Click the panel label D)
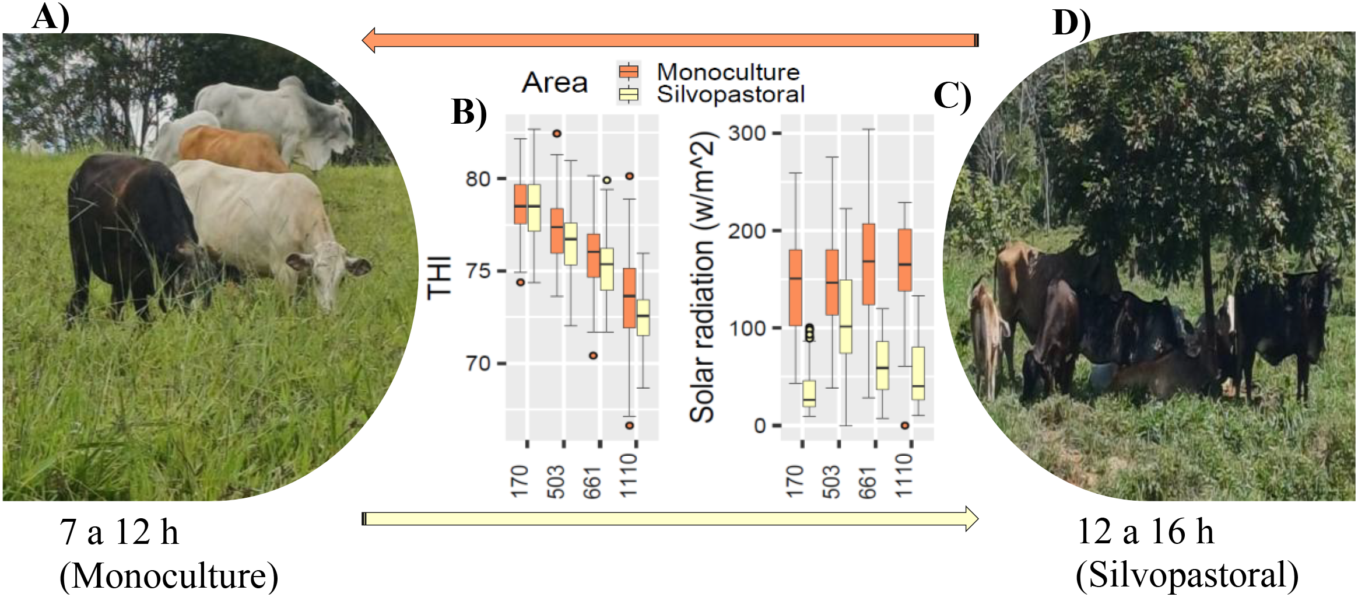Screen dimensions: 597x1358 click(x=1071, y=23)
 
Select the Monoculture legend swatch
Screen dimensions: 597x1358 click(x=629, y=72)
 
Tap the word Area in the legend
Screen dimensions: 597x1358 click(x=555, y=82)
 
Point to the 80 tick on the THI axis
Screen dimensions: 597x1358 click(x=478, y=179)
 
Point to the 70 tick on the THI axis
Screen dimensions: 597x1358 click(x=478, y=364)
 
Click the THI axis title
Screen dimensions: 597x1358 click(x=439, y=278)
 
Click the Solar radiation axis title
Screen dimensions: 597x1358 click(x=702, y=278)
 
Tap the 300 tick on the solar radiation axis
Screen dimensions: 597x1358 click(x=747, y=133)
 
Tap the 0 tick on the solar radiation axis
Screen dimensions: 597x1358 click(x=760, y=425)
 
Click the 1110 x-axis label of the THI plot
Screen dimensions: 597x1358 click(x=629, y=476)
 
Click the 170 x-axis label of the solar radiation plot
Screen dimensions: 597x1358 click(x=795, y=481)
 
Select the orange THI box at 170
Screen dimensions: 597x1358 click(x=520, y=204)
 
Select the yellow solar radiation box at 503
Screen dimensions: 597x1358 click(x=845, y=316)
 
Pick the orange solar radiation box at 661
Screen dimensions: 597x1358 click(x=869, y=264)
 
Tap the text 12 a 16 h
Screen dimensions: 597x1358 click(x=1145, y=532)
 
